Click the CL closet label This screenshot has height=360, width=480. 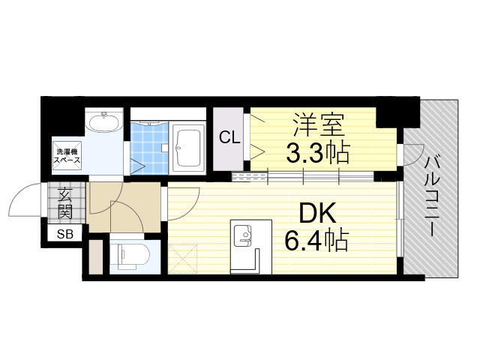pos(228,137)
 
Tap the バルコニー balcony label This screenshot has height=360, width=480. pos(433,194)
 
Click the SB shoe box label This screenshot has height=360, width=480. pos(65,235)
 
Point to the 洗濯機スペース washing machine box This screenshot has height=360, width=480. pos(66,157)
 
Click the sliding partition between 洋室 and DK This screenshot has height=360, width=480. pos(304,177)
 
